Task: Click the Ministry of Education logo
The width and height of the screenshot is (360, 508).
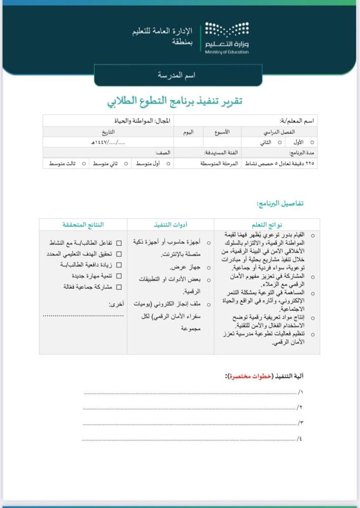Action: (226, 38)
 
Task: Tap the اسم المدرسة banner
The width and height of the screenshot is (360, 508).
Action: (178, 75)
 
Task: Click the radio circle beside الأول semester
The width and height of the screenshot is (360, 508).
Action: (312, 143)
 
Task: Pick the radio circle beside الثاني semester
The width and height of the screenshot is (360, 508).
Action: (279, 143)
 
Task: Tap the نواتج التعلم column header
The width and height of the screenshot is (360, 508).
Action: (267, 224)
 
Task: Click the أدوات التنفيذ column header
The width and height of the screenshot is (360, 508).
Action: (170, 224)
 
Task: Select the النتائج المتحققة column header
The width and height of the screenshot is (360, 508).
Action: (83, 224)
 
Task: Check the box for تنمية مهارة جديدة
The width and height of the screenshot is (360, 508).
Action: (119, 276)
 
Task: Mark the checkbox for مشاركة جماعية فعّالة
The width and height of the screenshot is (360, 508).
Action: (119, 287)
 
